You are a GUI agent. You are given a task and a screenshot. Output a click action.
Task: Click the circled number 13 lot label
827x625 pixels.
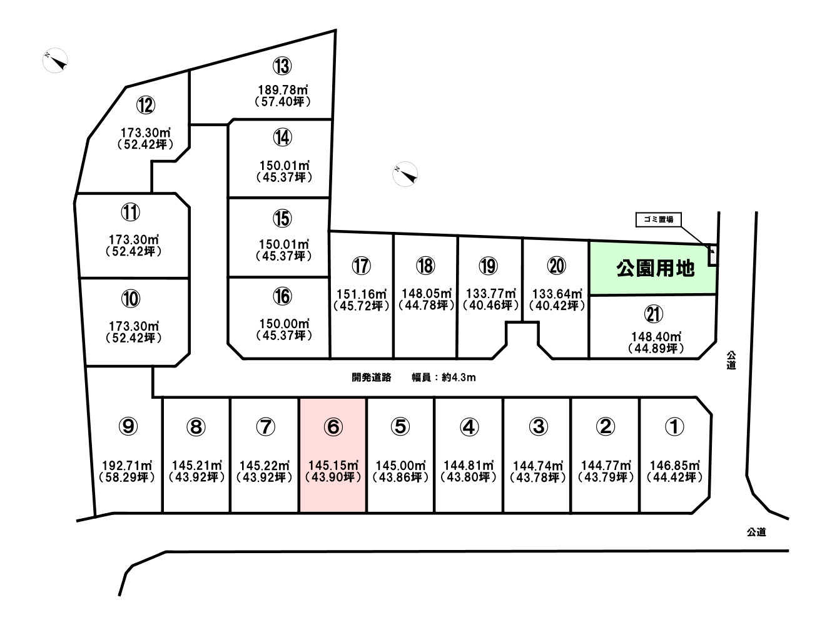[282, 66]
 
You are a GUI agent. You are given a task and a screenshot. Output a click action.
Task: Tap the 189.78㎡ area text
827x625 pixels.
[283, 90]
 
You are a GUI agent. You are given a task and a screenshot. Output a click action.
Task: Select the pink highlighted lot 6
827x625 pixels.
[333, 456]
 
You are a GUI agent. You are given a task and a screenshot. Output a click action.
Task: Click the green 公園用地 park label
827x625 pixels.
[655, 269]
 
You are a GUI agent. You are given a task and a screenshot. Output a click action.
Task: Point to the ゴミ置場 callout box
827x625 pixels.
[658, 220]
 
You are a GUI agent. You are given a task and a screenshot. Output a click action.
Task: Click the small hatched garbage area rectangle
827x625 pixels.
[712, 256]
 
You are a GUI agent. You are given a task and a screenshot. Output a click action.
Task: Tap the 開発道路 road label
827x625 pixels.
[372, 377]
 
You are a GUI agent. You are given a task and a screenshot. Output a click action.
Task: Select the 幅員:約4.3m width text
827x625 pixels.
[444, 377]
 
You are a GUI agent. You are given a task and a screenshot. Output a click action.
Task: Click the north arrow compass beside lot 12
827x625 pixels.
[56, 60]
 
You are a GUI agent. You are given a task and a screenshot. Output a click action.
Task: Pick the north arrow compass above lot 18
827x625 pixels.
[405, 174]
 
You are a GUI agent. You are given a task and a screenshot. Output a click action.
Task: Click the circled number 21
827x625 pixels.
[654, 314]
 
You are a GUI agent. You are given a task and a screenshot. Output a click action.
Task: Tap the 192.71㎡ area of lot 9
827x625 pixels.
[128, 466]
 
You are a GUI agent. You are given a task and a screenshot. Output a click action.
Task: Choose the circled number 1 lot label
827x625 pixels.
[674, 427]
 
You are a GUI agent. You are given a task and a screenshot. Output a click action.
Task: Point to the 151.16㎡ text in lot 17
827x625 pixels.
[362, 294]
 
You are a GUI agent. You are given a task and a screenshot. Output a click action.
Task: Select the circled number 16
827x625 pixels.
[282, 296]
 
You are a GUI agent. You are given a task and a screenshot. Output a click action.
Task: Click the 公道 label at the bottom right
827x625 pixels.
[756, 532]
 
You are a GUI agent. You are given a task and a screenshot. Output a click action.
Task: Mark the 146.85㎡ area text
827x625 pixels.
[675, 466]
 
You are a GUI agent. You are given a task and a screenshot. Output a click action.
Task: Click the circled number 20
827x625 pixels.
[557, 266]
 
